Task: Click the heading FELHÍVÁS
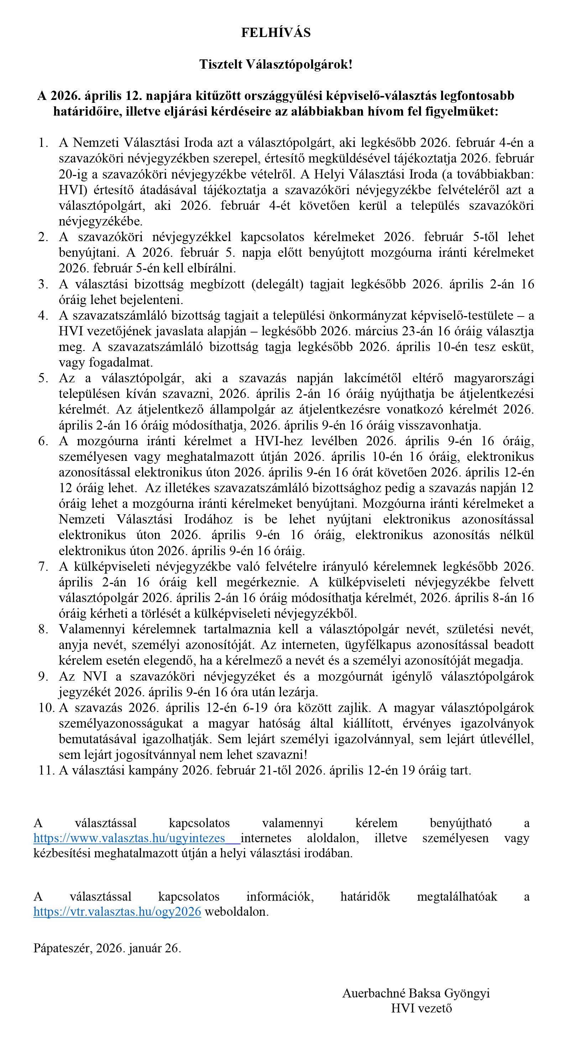coord(276,33)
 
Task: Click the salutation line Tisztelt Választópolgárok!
coord(276,64)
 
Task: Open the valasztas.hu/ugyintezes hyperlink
coord(129,838)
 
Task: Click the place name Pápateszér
coord(63,948)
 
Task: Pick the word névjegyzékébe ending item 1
coord(101,222)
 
